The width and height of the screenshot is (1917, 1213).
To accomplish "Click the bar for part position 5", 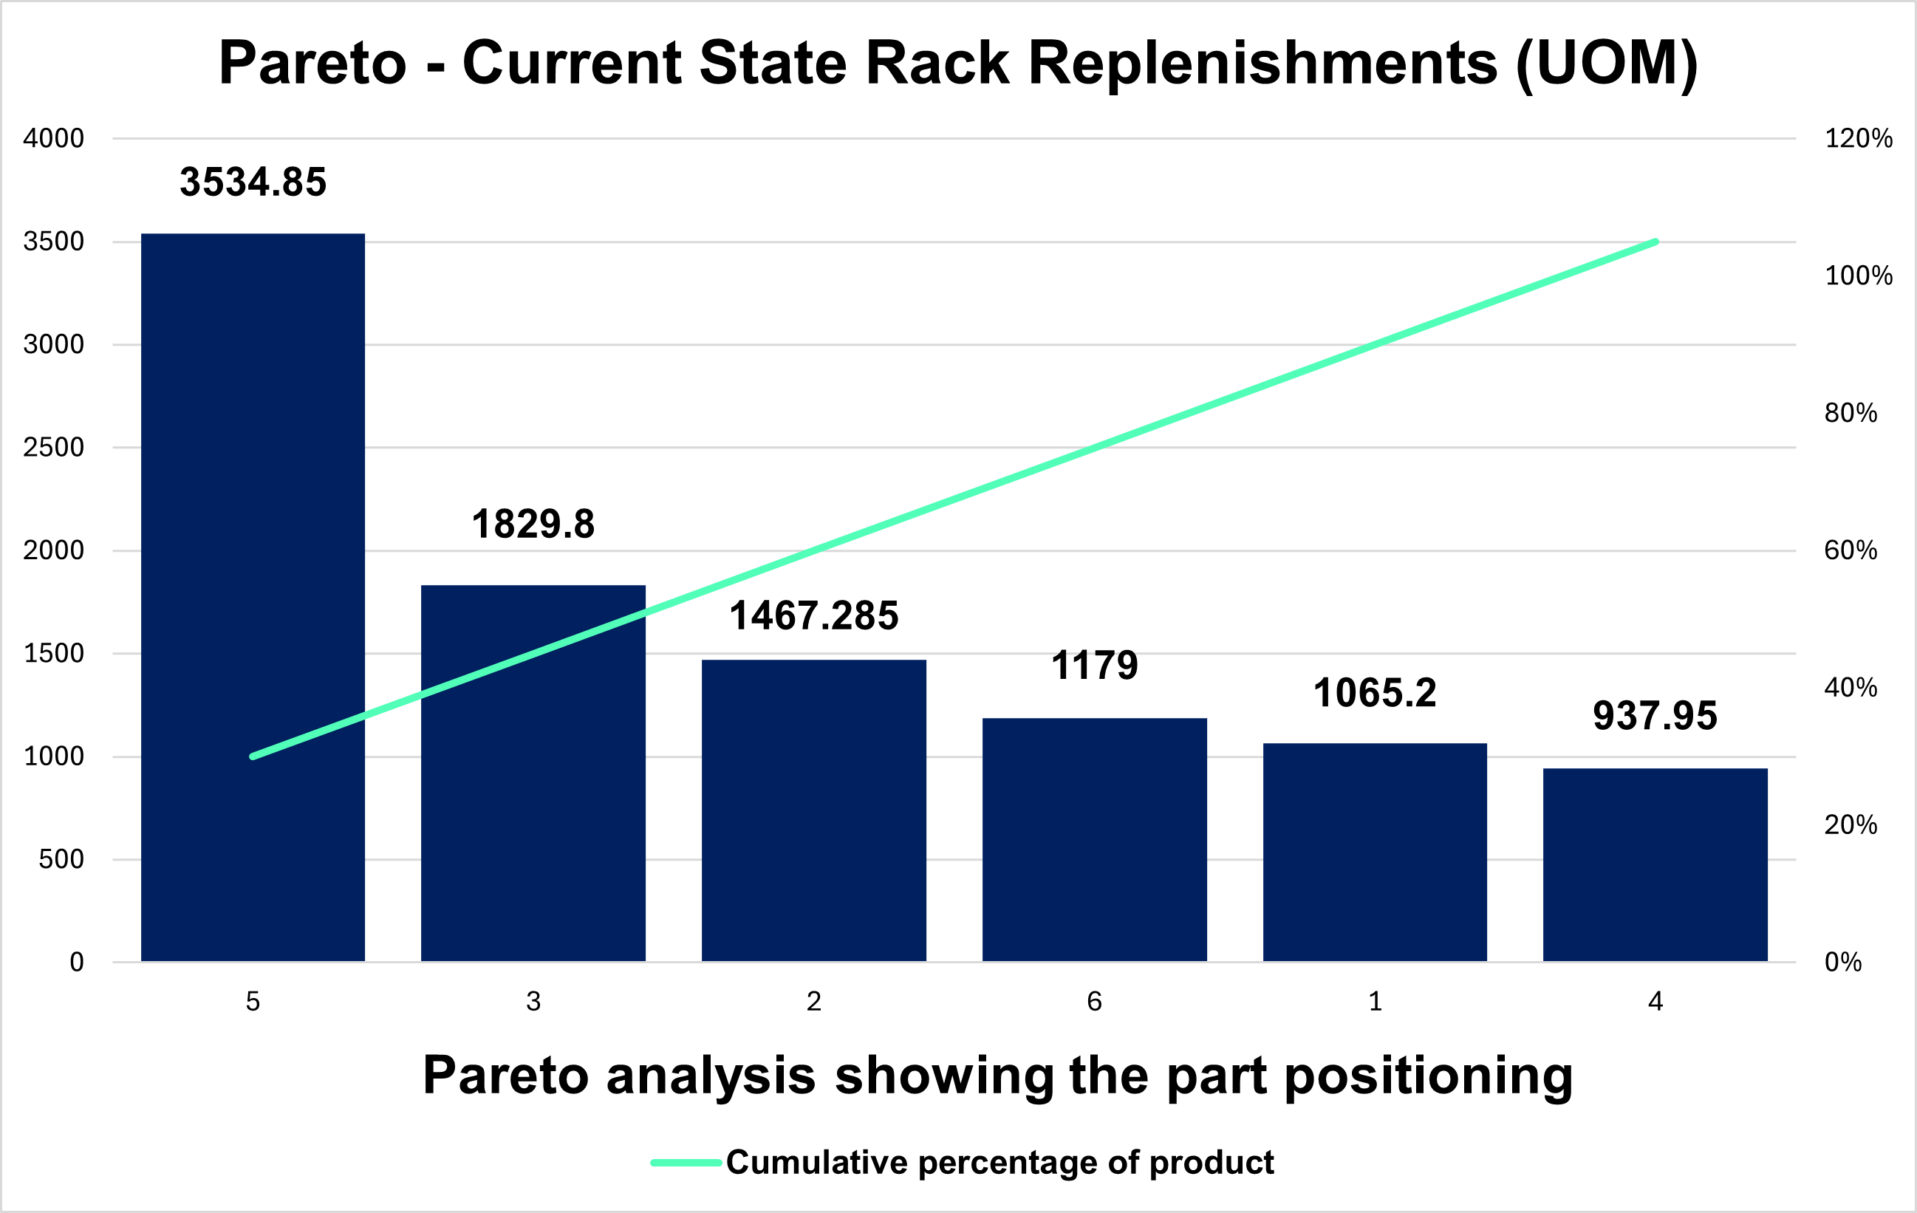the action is [253, 598].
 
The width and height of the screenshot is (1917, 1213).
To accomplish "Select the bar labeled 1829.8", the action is [533, 773].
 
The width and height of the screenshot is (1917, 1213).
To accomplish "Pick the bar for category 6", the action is [1095, 841].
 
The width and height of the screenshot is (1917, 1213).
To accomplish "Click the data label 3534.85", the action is [253, 182].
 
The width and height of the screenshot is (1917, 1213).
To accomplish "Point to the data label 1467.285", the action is [813, 616].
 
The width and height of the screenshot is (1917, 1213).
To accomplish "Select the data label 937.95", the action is [1655, 716].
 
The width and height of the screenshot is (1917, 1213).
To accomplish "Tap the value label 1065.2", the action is [1375, 693].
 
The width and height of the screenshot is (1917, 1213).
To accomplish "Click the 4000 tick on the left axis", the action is [53, 138].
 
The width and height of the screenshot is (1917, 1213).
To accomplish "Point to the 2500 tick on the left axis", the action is [53, 448].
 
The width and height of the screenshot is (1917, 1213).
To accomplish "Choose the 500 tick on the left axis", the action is [61, 860].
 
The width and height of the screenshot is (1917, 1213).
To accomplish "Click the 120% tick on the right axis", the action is [1859, 138].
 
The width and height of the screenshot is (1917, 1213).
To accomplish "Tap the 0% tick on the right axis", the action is [1844, 963].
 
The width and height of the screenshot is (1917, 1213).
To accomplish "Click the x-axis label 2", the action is [813, 1001].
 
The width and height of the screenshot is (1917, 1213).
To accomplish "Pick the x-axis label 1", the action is [1375, 1001].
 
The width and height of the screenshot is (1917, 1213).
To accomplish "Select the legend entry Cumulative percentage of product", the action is [963, 1163].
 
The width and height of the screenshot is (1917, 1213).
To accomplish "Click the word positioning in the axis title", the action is [1429, 1076].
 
